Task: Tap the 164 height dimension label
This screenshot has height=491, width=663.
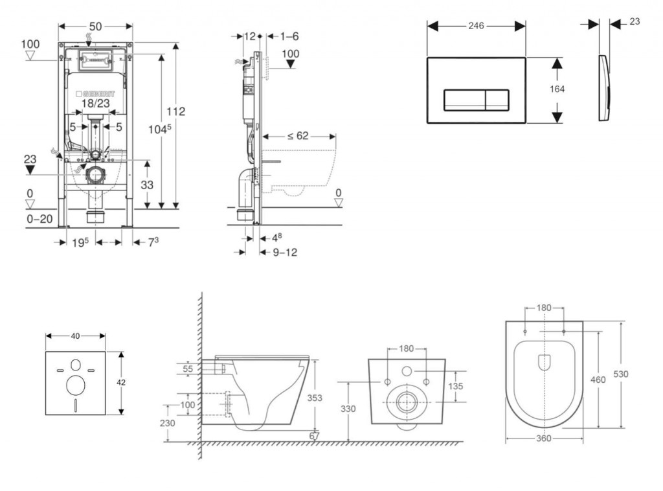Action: (557, 89)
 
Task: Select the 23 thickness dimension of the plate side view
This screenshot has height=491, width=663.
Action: (635, 21)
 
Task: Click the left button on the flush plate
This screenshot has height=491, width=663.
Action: (464, 99)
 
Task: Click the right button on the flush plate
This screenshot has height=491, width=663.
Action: (495, 99)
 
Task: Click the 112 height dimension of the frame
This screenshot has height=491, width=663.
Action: (175, 111)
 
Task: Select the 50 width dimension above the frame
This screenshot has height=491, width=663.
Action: (95, 26)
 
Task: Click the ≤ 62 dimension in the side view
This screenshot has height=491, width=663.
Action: (298, 136)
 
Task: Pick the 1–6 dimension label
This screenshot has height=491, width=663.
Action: (287, 36)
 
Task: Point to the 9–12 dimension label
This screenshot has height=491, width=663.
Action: (285, 252)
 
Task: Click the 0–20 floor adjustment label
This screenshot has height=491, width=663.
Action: (39, 220)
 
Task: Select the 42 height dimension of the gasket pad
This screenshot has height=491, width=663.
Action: (121, 383)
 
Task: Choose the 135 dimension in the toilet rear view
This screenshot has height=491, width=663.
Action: (455, 386)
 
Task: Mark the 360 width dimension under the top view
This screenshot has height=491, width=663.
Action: (544, 439)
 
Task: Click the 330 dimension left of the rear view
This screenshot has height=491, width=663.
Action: (348, 408)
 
